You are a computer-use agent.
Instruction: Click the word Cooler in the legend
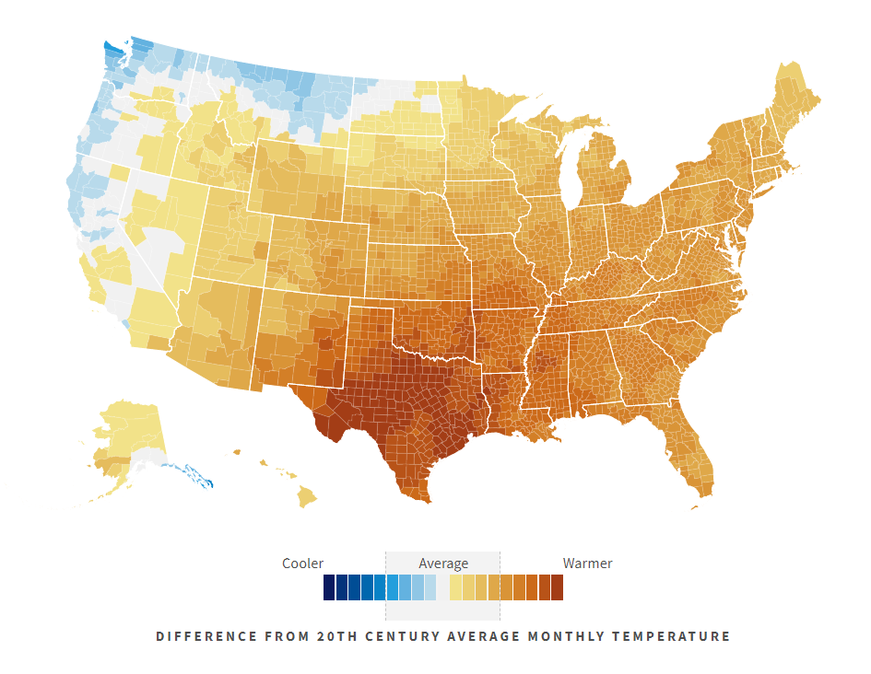[x=302, y=564]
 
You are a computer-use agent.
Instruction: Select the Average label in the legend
[x=443, y=564]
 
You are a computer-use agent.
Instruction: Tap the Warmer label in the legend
[x=587, y=564]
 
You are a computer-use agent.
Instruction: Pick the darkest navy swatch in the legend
[x=329, y=587]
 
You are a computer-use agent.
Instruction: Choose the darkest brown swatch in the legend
[x=557, y=587]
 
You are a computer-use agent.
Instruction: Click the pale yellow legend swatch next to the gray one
[x=455, y=587]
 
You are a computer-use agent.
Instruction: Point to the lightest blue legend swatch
[x=430, y=587]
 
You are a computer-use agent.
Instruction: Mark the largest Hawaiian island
[x=306, y=497]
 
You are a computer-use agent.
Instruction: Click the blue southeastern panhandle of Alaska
[x=194, y=475]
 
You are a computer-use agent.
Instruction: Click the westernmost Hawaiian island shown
[x=236, y=452]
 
